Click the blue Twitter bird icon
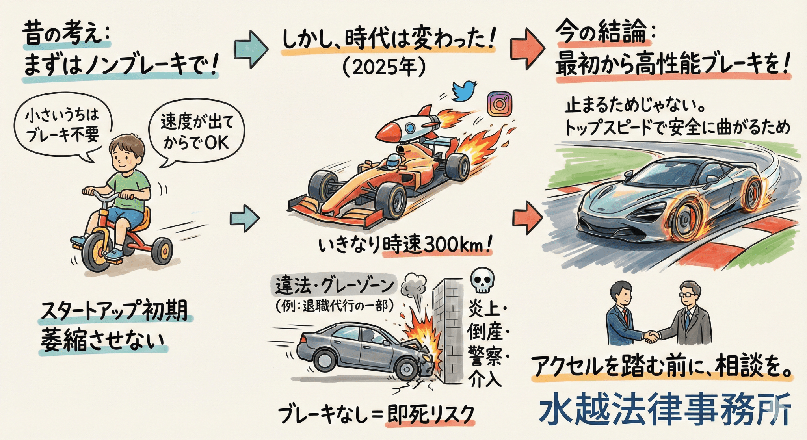464,91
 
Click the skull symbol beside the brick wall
483,281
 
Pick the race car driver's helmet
392,161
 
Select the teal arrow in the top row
251,49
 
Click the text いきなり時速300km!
405,245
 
